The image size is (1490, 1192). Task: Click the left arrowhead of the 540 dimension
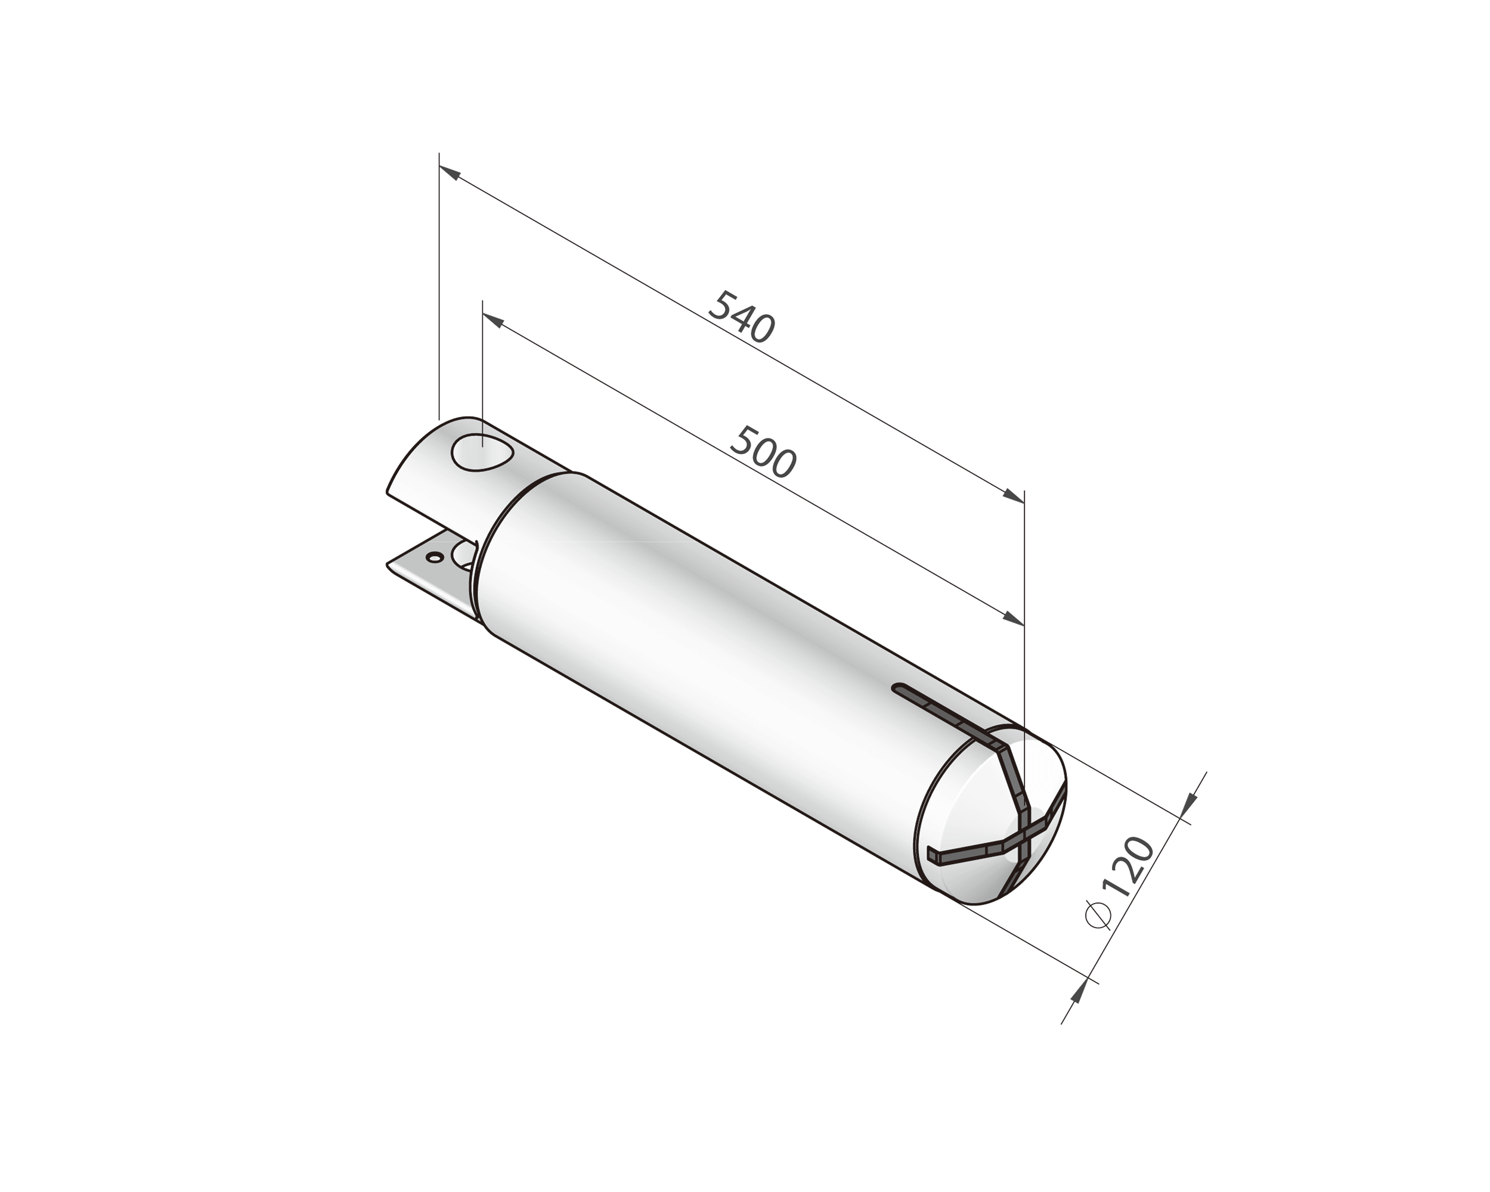click(x=448, y=172)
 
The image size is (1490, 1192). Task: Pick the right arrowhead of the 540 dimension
click(x=1015, y=496)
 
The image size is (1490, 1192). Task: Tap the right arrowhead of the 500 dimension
click(x=1015, y=619)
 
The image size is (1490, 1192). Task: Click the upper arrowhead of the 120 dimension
click(x=1189, y=802)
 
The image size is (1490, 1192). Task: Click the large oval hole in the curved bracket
click(x=482, y=452)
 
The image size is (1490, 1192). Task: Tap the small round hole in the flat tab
click(x=434, y=556)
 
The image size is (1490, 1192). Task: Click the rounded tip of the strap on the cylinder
click(x=899, y=688)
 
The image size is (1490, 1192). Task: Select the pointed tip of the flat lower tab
click(x=388, y=564)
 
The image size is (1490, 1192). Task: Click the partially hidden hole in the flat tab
click(x=465, y=555)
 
